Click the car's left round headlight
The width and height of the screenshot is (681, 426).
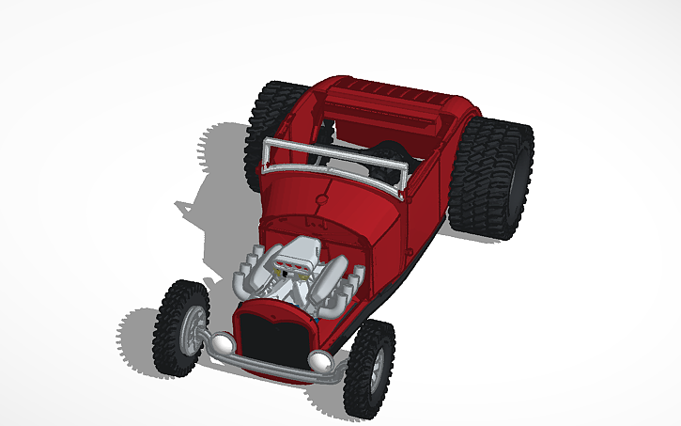pos(222,344)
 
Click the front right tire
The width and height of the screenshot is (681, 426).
pos(368,369)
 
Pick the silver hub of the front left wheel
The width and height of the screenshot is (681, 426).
pos(193,329)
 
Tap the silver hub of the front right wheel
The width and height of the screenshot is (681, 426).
pos(378,369)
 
